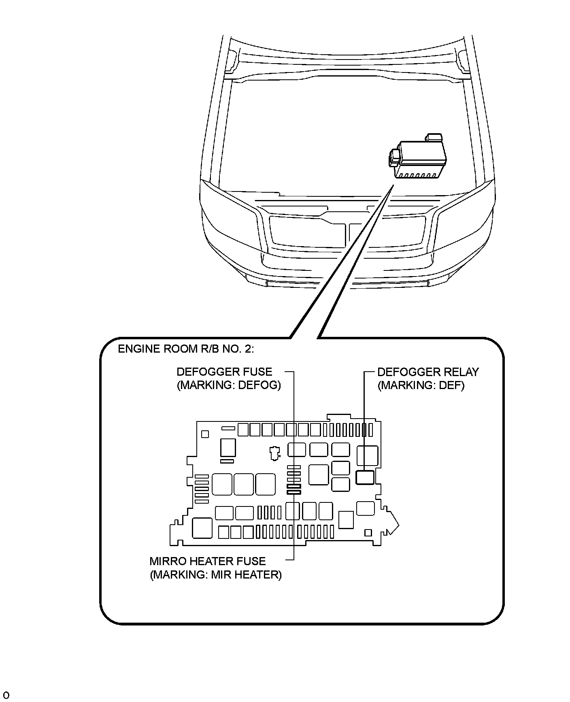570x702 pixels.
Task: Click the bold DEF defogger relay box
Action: (x=365, y=477)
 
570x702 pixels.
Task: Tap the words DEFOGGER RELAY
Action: (x=428, y=372)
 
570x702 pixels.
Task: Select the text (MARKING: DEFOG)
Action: (x=229, y=385)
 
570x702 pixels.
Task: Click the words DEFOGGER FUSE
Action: (x=224, y=372)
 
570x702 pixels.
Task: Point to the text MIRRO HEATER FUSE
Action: (x=207, y=562)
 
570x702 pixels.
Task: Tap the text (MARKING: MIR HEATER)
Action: (x=215, y=575)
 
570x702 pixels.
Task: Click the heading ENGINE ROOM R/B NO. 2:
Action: (x=186, y=349)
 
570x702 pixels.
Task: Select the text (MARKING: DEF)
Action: (x=421, y=385)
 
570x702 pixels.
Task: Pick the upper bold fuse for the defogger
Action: (x=294, y=486)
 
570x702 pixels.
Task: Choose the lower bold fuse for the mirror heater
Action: (x=294, y=492)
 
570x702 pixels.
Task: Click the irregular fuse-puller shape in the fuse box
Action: (x=275, y=453)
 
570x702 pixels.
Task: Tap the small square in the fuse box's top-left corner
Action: (x=205, y=434)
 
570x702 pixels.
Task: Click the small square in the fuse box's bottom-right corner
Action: (x=368, y=533)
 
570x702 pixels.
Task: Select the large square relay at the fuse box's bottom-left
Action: (x=202, y=528)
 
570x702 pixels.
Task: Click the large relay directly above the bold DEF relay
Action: (x=367, y=455)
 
